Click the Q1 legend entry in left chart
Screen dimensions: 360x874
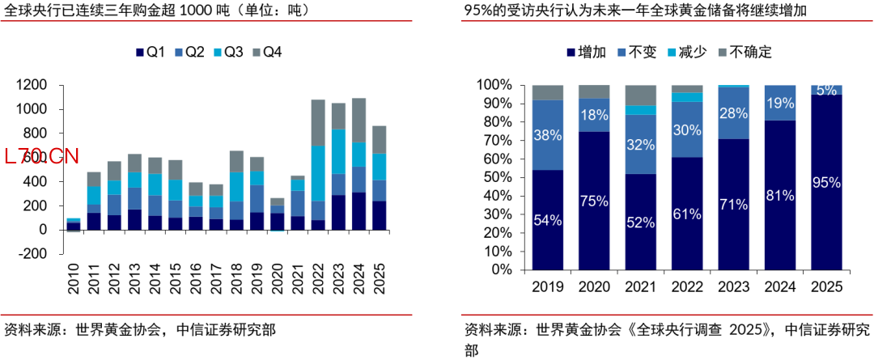(x=151, y=53)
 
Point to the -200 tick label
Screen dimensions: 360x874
(x=52, y=254)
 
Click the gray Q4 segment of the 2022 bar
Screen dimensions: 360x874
(x=318, y=122)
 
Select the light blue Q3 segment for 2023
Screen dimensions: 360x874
(x=338, y=151)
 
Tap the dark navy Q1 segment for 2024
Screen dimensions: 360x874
(x=359, y=210)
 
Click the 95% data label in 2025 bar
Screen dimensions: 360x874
(x=828, y=183)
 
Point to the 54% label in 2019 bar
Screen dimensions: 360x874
(x=548, y=219)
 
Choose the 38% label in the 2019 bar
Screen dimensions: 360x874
(x=548, y=135)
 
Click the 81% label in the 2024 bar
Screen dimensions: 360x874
(x=780, y=195)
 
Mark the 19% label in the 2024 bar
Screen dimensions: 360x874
(x=780, y=103)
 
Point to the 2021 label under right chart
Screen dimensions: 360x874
(x=640, y=286)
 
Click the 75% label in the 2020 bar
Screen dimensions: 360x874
(x=594, y=201)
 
